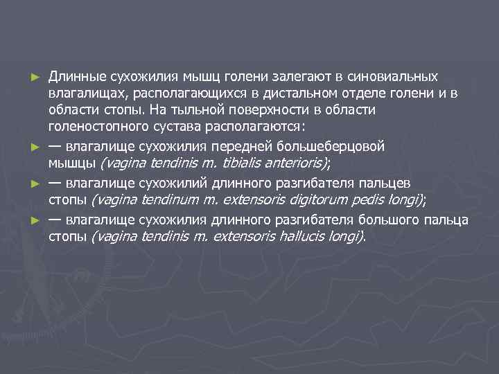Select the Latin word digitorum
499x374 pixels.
300,200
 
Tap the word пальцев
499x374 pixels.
392,182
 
